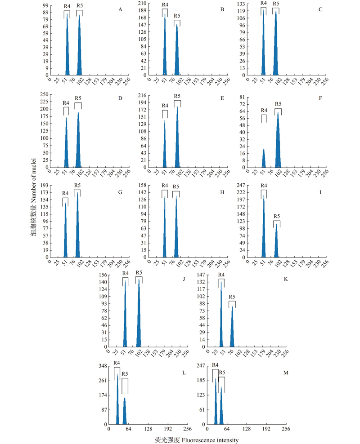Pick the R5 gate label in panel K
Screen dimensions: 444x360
coord(232,297)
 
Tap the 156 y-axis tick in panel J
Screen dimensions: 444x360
coord(103,275)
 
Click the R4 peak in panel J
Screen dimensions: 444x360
coord(125,315)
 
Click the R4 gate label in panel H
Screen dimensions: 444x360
coord(164,186)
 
